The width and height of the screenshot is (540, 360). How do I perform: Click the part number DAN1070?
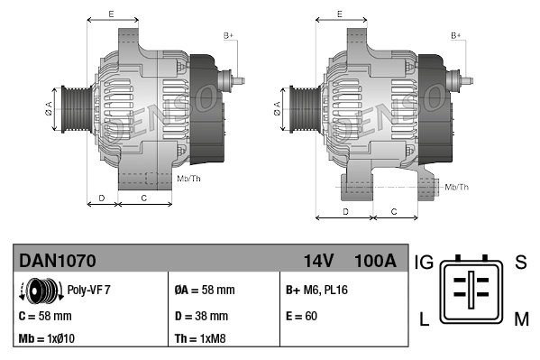click(57, 261)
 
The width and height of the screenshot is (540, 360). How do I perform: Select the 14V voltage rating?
click(319, 261)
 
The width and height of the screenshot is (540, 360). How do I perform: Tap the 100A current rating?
click(375, 261)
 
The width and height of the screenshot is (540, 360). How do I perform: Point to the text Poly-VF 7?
click(88, 291)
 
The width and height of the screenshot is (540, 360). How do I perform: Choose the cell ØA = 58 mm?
click(204, 291)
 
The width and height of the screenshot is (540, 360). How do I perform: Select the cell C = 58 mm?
click(44, 316)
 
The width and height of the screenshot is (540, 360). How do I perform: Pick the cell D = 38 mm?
click(200, 316)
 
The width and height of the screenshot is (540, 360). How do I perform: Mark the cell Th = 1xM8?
click(201, 339)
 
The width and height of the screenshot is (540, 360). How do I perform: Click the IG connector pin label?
click(424, 263)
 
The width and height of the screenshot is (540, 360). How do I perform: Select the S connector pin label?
click(520, 263)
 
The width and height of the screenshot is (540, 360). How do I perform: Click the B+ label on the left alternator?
click(229, 35)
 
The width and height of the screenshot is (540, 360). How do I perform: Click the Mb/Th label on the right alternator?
click(457, 187)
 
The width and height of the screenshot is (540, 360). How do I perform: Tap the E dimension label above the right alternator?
click(339, 14)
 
